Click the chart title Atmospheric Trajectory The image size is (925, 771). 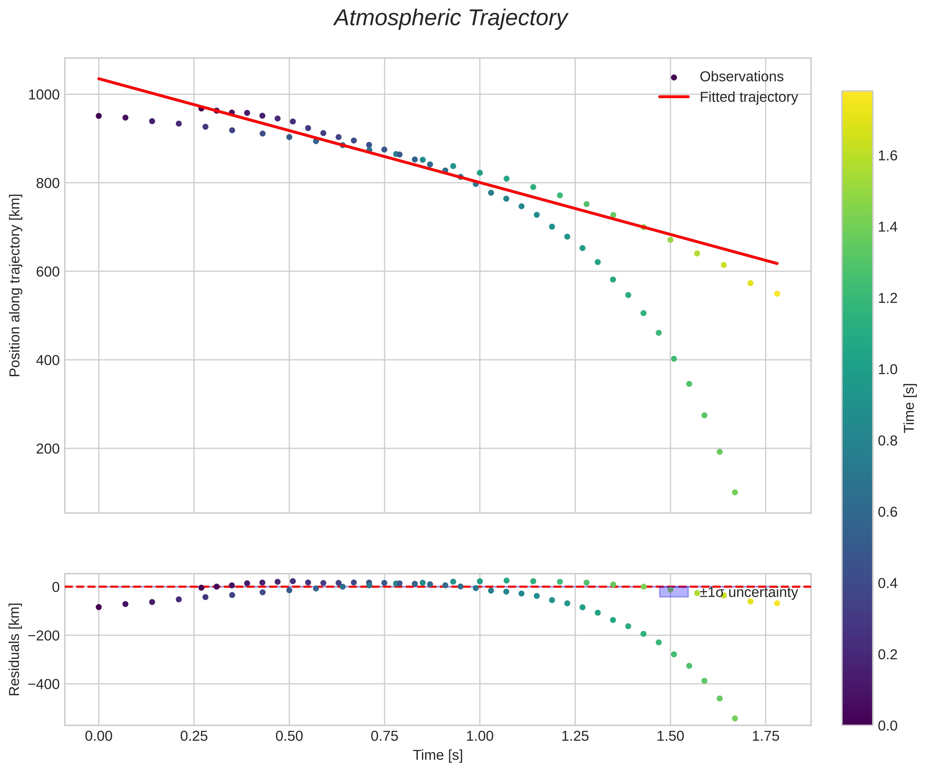[x=450, y=19]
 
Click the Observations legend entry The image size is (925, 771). [x=741, y=77]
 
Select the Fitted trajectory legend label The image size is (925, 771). [x=748, y=97]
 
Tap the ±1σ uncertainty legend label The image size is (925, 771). [x=748, y=592]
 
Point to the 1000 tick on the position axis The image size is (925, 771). [x=44, y=95]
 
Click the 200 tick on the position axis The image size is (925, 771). [x=47, y=449]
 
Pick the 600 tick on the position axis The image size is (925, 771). [x=47, y=272]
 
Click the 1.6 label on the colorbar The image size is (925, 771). [x=888, y=156]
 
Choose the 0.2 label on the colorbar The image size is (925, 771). [x=888, y=654]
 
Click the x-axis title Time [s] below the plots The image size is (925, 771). [x=437, y=756]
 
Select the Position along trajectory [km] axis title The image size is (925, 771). [x=15, y=285]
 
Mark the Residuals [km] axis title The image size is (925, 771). [x=15, y=649]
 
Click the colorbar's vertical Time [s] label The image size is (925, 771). [x=910, y=408]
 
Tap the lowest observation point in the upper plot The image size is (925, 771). [x=735, y=492]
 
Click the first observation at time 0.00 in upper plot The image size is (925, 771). [x=99, y=116]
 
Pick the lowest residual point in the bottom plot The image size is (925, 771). [x=735, y=718]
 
